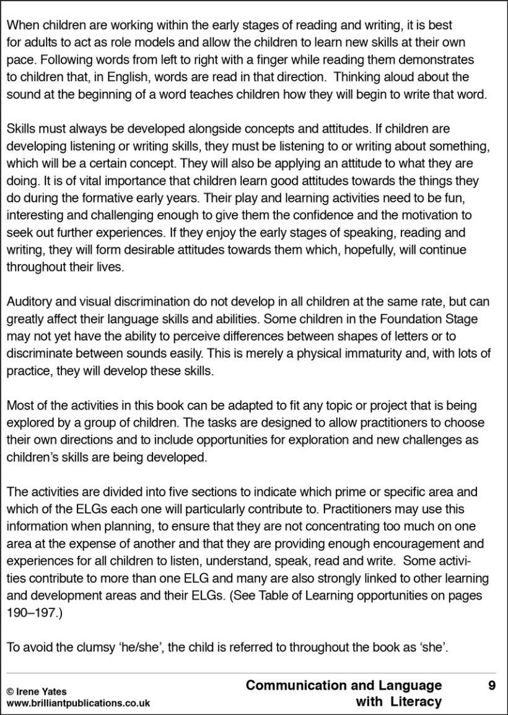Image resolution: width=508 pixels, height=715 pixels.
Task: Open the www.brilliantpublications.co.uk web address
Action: pos(78,703)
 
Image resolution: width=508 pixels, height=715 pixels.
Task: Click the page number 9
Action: pos(491,685)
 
